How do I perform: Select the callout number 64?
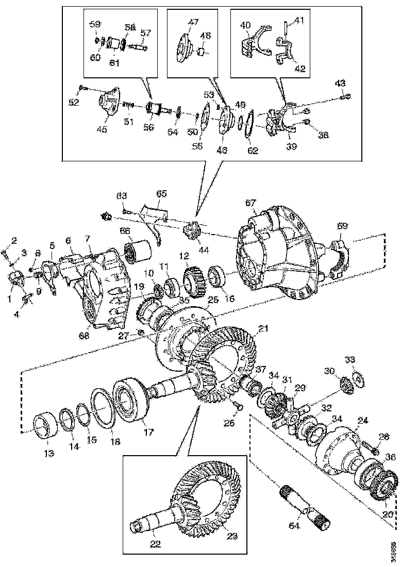coord(294,527)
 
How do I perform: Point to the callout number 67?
coord(251,204)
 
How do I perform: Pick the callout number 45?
coord(102,130)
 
